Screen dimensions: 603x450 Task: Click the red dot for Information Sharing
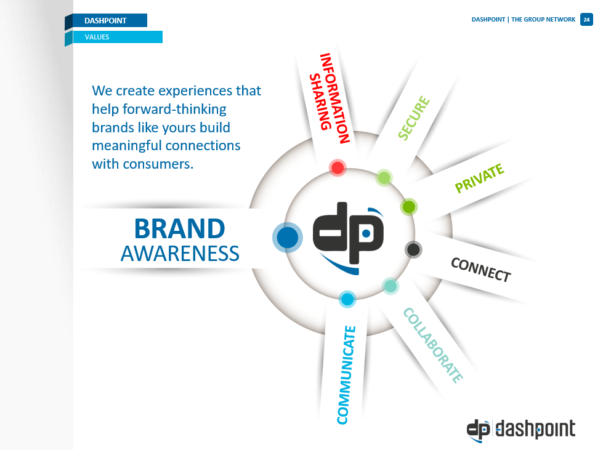click(x=338, y=168)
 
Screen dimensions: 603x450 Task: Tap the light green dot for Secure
click(x=384, y=178)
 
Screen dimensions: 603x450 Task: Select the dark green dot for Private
click(x=409, y=207)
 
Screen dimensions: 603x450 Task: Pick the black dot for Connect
click(x=413, y=250)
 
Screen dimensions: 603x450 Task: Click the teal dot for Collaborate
click(x=391, y=286)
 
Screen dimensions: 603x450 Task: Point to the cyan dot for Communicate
click(x=347, y=299)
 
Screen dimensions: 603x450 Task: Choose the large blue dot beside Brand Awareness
click(x=287, y=238)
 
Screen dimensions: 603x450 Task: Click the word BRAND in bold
click(x=180, y=229)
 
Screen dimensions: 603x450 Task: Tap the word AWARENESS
click(x=180, y=254)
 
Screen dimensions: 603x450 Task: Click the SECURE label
click(x=414, y=118)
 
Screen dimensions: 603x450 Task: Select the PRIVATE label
click(x=479, y=177)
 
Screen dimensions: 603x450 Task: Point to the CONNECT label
click(x=480, y=270)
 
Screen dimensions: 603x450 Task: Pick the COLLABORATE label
click(x=433, y=345)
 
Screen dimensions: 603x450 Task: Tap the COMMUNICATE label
click(x=347, y=375)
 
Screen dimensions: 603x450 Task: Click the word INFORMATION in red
click(x=334, y=98)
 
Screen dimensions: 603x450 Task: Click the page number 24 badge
click(x=586, y=20)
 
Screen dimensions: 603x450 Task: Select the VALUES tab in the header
click(x=118, y=37)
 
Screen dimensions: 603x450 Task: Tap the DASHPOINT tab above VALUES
click(x=110, y=20)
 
